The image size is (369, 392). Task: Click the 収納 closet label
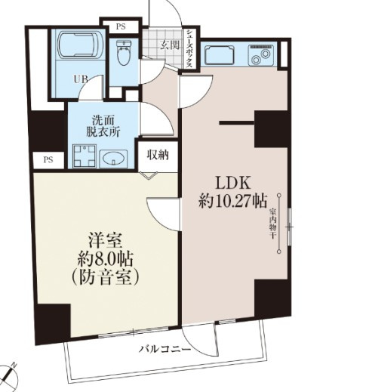coord(157,156)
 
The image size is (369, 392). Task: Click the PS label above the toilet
coord(121,27)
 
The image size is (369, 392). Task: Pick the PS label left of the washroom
coord(48,159)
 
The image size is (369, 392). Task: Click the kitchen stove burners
coord(262,54)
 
